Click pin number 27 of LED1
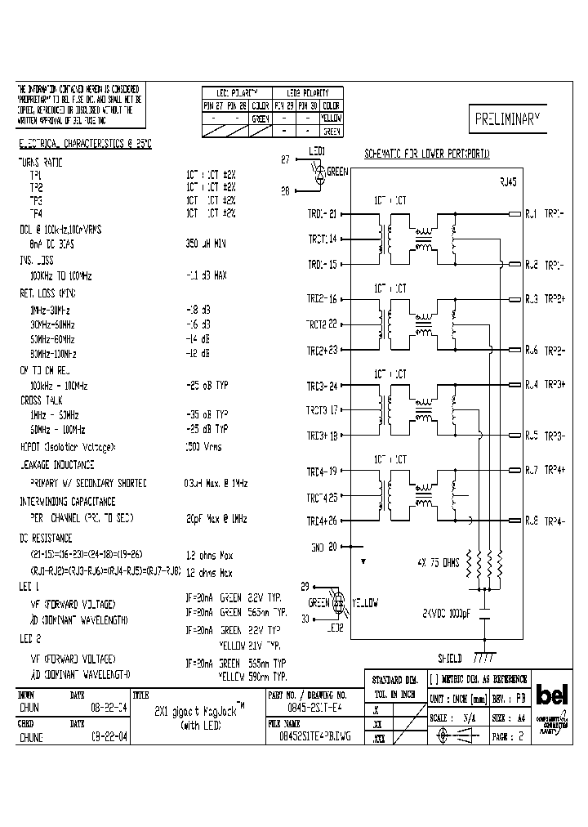pos(285,160)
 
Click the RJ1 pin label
pos(531,214)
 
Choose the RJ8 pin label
pos(531,521)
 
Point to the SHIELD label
pos(450,657)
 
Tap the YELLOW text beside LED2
pos(365,604)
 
